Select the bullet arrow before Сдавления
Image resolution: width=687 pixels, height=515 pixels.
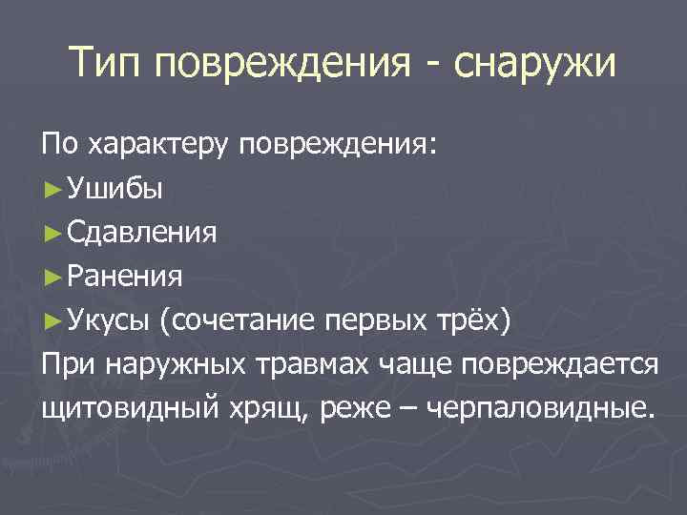[51, 233]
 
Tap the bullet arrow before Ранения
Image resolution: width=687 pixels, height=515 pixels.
[51, 277]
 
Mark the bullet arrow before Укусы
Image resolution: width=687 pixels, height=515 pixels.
[51, 320]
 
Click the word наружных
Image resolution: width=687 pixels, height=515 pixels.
[162, 364]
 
